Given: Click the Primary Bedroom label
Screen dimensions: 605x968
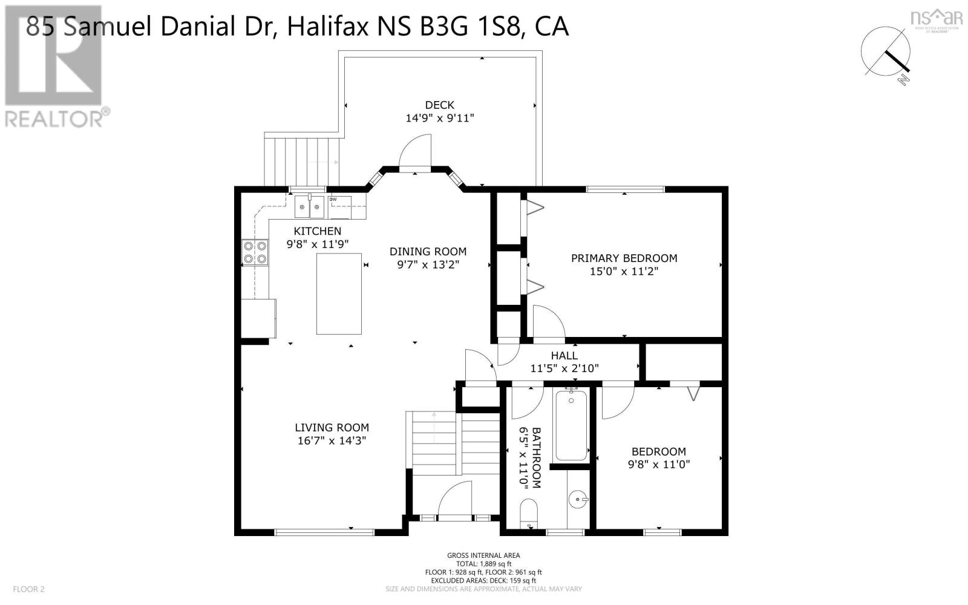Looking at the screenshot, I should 624,258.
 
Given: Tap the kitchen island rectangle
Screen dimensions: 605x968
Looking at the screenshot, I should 339,293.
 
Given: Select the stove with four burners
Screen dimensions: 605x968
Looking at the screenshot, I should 255,252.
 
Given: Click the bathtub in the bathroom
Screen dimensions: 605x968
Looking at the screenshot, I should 571,425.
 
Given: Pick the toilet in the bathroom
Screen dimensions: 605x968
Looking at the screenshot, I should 529,512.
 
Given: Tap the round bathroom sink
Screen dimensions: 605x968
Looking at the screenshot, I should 578,500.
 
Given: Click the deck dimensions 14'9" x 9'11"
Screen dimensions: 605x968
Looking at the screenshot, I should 440,118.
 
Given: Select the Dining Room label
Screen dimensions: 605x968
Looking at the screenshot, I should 428,252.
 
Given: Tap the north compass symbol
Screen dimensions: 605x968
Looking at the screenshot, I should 887,53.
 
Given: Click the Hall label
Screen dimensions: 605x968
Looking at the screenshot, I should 564,356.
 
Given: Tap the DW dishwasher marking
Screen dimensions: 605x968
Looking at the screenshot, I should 333,199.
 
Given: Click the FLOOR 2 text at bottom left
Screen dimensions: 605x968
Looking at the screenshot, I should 28,589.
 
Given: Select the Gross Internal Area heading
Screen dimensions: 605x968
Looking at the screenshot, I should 483,555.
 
